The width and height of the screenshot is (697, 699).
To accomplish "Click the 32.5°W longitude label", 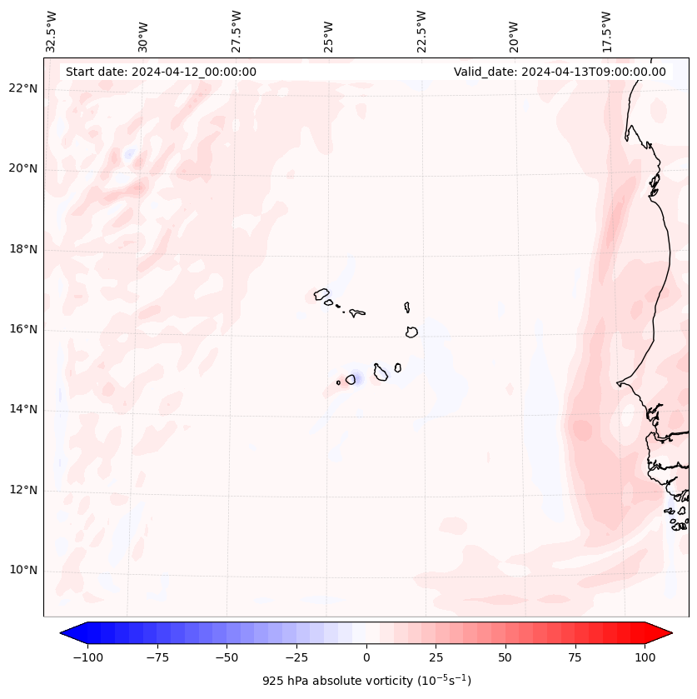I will [x=52, y=31].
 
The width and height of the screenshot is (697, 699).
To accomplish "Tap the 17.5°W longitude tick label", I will [x=606, y=31].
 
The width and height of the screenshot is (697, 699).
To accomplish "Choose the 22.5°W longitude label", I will [x=421, y=31].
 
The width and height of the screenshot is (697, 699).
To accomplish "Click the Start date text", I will [x=161, y=72].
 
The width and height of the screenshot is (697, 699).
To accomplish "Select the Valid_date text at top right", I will [x=560, y=72].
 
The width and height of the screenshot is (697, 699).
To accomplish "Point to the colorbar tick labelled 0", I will [x=366, y=657].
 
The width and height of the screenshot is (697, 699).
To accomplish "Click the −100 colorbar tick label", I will [x=87, y=657].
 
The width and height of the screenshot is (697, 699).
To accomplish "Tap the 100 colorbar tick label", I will [x=644, y=657].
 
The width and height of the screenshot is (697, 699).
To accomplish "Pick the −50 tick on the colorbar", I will [x=227, y=657].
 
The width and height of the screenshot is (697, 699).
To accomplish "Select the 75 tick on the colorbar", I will [x=575, y=657].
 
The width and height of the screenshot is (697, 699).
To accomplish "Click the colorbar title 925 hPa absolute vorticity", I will [x=366, y=681].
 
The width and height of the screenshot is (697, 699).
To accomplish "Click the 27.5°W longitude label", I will [x=236, y=31].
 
